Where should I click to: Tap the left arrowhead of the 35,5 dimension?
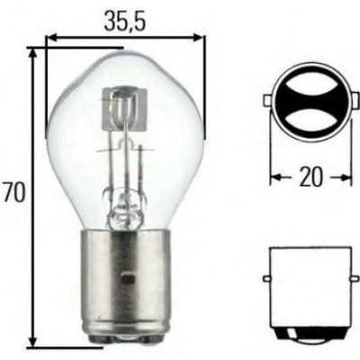(49, 38)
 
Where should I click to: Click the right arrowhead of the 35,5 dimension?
(195, 38)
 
